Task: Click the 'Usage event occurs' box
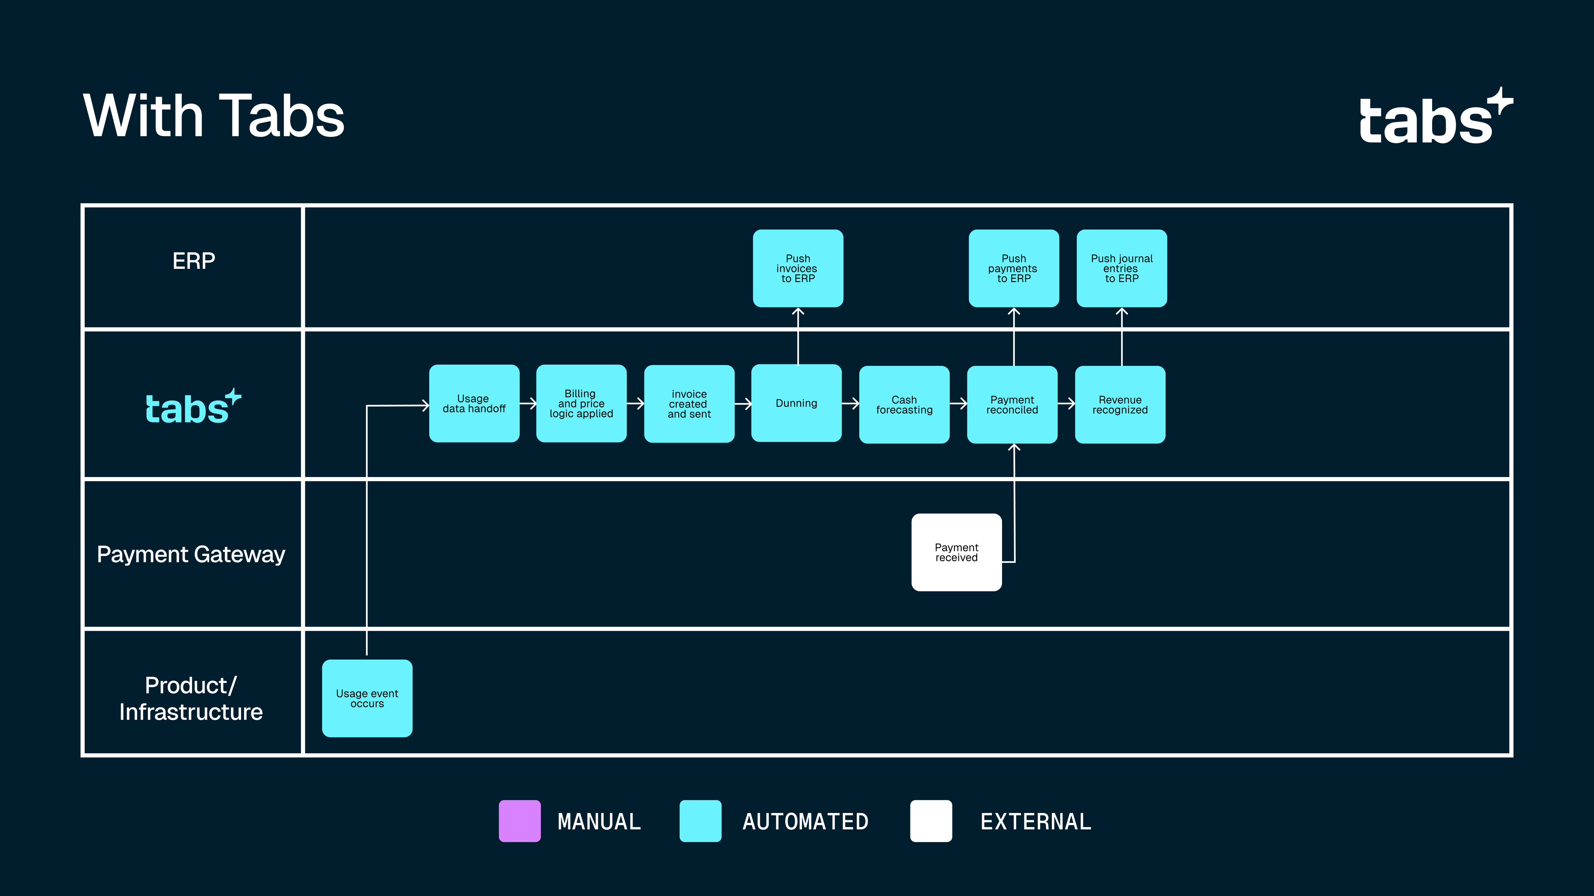367,698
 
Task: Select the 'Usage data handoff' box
474,403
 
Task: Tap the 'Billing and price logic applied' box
581,403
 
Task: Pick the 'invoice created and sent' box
689,404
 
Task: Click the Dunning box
797,403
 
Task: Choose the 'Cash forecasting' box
904,404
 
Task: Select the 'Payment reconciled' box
1012,404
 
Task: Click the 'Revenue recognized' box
1120,404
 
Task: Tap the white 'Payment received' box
956,552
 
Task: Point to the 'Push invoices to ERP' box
797,268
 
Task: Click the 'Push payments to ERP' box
1014,268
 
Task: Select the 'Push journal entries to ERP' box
1121,268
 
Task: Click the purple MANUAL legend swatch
520,821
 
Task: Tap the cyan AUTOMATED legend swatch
700,821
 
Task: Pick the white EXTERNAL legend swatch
931,821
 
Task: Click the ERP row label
194,261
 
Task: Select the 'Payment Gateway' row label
191,554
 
